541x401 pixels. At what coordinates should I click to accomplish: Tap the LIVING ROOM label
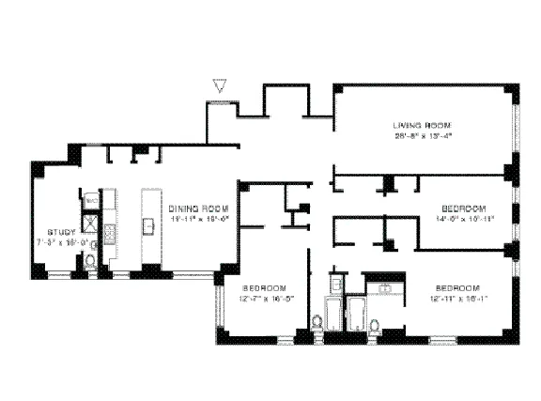424,125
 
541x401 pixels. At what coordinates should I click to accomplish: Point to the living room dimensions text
424,135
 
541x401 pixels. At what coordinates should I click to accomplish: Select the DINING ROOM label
199,208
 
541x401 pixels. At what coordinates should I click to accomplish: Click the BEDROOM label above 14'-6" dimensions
464,208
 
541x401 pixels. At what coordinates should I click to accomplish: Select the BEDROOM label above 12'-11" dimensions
456,287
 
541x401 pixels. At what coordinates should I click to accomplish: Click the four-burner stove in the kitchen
109,231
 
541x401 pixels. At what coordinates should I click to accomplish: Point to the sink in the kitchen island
148,226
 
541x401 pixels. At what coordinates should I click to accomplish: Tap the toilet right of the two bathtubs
376,326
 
